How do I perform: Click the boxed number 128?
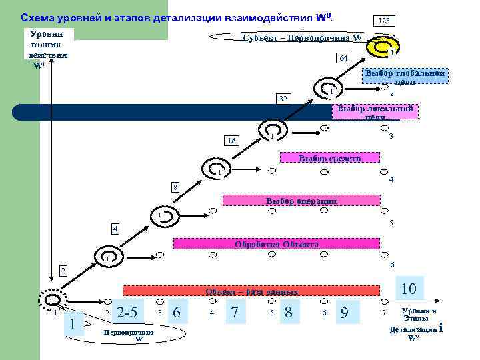[x=383, y=21]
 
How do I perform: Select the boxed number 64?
[x=343, y=58]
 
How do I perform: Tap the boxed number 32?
[x=283, y=99]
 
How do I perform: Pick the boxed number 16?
[x=231, y=141]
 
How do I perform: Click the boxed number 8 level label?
[x=175, y=187]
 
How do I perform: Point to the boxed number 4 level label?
[x=115, y=229]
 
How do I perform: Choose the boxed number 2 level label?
[x=62, y=271]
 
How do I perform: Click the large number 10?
[x=409, y=289]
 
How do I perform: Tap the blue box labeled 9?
[x=344, y=311]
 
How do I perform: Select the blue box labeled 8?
[x=288, y=311]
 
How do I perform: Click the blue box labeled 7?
[x=235, y=311]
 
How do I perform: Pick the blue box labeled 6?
[x=176, y=311]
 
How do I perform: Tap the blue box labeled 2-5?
[x=127, y=312]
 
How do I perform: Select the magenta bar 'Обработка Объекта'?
[x=277, y=244]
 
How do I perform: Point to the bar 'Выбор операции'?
[x=302, y=201]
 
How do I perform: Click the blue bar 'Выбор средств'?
[x=330, y=159]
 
